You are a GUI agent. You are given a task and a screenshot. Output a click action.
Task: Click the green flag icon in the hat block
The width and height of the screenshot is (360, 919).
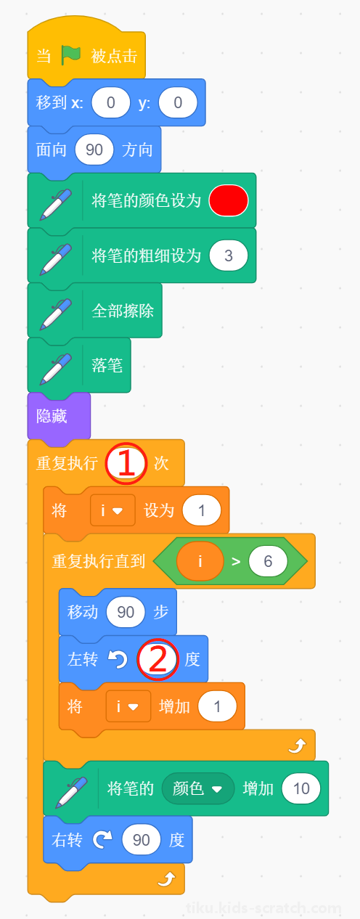[70, 55]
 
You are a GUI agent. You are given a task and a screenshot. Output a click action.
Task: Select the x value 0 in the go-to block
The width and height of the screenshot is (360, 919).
[111, 102]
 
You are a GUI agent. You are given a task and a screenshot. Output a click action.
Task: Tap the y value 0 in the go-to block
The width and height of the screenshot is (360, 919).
[178, 102]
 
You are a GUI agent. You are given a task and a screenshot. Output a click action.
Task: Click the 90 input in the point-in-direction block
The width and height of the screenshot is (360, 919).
[94, 150]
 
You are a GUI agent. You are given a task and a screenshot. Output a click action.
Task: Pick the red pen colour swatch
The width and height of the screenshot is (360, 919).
[229, 200]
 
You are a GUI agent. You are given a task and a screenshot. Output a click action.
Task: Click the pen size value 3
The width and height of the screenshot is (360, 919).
[229, 256]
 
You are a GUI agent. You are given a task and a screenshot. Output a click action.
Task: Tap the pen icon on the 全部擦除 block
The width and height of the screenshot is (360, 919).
[56, 314]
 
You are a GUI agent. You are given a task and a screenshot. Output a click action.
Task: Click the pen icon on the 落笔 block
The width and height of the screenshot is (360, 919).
[56, 369]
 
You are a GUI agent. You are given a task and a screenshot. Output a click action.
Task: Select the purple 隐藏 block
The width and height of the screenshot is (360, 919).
[59, 417]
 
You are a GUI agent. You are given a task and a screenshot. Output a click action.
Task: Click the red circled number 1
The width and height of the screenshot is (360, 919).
[126, 463]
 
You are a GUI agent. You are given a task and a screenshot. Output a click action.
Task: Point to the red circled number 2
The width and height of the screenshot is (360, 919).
[157, 659]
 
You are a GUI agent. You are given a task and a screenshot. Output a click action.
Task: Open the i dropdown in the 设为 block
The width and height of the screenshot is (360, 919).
[112, 510]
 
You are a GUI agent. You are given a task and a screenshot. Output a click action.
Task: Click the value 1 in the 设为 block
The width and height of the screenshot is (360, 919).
[201, 510]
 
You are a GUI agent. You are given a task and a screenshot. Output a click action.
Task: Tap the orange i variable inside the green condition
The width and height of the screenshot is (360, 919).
[200, 561]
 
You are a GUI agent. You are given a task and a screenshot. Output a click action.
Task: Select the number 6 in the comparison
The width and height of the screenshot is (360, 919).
[268, 561]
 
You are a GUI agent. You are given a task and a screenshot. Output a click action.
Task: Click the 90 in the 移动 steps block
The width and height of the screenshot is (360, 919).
[126, 612]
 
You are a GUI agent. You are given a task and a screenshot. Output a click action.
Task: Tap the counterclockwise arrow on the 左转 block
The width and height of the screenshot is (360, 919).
[118, 659]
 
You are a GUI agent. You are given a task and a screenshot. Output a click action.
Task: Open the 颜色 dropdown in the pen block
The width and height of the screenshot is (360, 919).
[198, 788]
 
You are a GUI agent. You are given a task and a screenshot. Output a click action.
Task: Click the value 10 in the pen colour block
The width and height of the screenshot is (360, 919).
[301, 788]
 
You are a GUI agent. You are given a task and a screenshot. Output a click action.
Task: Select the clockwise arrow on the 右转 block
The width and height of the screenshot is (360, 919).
[102, 840]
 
